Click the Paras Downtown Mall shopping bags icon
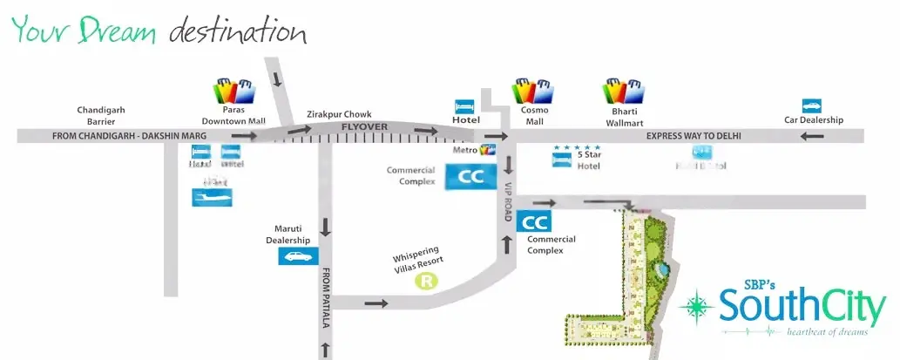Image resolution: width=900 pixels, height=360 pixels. coord(235,92)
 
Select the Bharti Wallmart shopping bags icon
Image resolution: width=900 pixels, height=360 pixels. coord(624,91)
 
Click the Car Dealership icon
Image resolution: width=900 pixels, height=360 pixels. coord(812,105)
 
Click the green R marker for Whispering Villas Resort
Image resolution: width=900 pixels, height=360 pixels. coord(426,281)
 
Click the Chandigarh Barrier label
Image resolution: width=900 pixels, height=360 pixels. coord(101,116)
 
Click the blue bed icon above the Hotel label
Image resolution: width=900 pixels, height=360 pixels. coord(464,106)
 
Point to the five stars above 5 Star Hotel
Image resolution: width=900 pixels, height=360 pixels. coord(577,147)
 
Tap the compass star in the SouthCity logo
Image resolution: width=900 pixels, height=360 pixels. coord(696,307)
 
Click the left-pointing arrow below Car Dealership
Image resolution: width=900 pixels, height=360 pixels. coord(812,137)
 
